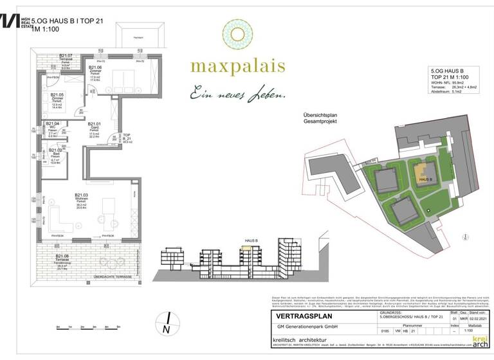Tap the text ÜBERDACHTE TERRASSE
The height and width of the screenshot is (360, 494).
tap(113, 276)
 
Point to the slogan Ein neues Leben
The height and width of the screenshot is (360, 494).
tap(237, 95)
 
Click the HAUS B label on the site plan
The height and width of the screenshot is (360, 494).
tap(425, 179)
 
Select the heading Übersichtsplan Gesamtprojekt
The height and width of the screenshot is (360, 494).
tap(329, 119)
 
